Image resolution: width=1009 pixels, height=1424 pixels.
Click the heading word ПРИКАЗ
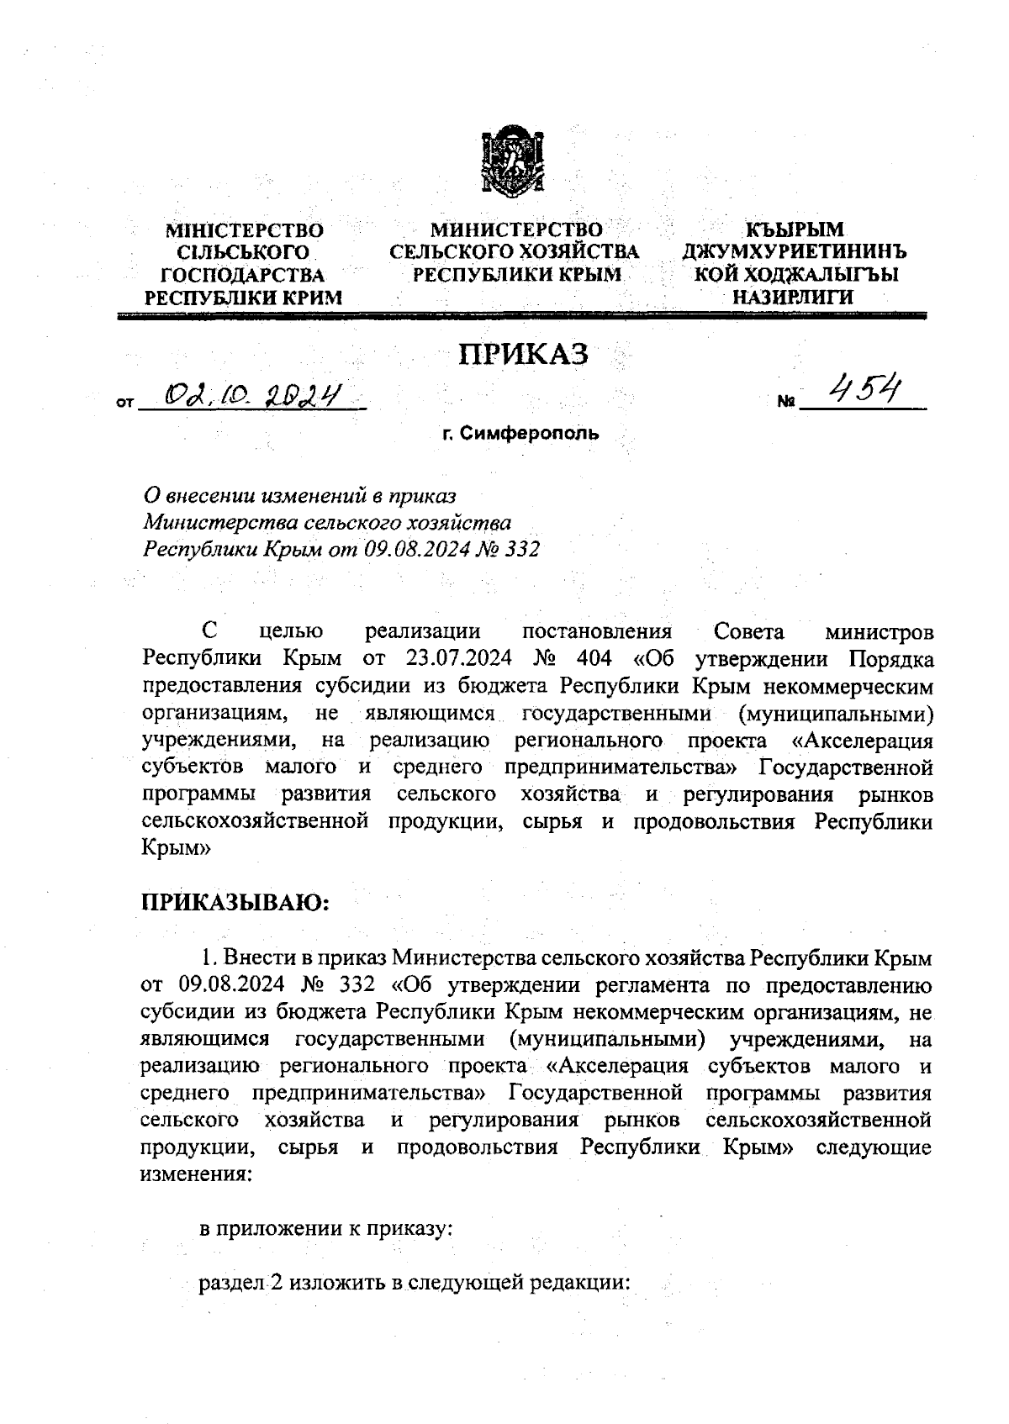tap(523, 355)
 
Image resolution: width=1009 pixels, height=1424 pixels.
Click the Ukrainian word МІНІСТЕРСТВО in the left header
tap(244, 229)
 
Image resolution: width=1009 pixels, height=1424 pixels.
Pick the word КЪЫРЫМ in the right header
tap(795, 229)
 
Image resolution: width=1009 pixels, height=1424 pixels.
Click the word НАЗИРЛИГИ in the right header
tap(794, 297)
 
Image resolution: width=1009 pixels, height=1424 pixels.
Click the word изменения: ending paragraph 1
tap(195, 1174)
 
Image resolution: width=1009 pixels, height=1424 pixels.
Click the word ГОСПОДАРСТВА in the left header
tap(244, 274)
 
